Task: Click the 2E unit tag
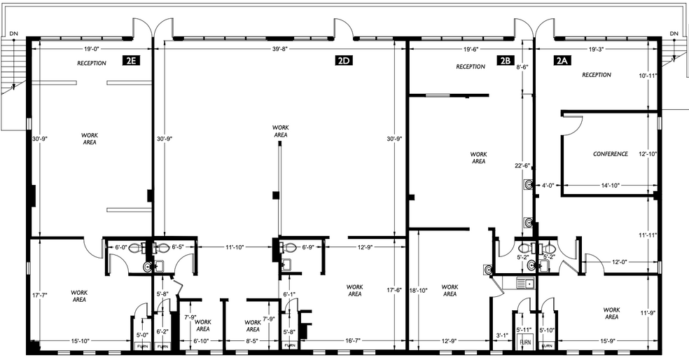pos(130,61)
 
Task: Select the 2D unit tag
pos(343,61)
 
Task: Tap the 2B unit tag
pos(506,61)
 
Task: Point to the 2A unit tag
pos(562,61)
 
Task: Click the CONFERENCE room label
pos(611,154)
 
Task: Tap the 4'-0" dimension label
pos(549,186)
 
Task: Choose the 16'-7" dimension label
pos(354,341)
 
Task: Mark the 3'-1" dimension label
pos(501,335)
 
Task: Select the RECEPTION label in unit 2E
pos(92,64)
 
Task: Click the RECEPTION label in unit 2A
pos(597,75)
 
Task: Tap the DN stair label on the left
pos(13,34)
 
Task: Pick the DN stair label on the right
pos(674,34)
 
